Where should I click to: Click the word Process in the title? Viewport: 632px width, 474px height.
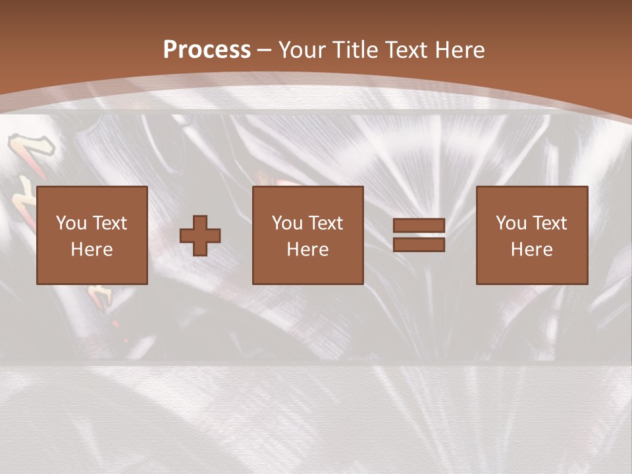(207, 50)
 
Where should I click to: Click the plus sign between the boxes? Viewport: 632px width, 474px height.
(200, 236)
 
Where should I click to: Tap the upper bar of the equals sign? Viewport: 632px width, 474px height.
(419, 226)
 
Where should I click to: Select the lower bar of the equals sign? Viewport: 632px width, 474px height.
(419, 245)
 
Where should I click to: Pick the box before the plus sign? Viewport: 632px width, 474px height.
(92, 235)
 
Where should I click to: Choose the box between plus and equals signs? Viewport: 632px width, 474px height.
(308, 235)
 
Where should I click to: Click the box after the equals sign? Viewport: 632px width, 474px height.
(532, 235)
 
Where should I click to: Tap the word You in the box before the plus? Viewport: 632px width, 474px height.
(71, 223)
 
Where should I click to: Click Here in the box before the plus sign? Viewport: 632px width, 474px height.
(92, 250)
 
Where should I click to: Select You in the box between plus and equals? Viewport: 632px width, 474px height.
(287, 223)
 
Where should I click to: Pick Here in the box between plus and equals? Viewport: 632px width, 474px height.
(307, 250)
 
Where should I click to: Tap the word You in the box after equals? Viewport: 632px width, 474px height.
(511, 223)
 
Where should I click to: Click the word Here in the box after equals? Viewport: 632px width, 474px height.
(531, 250)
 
